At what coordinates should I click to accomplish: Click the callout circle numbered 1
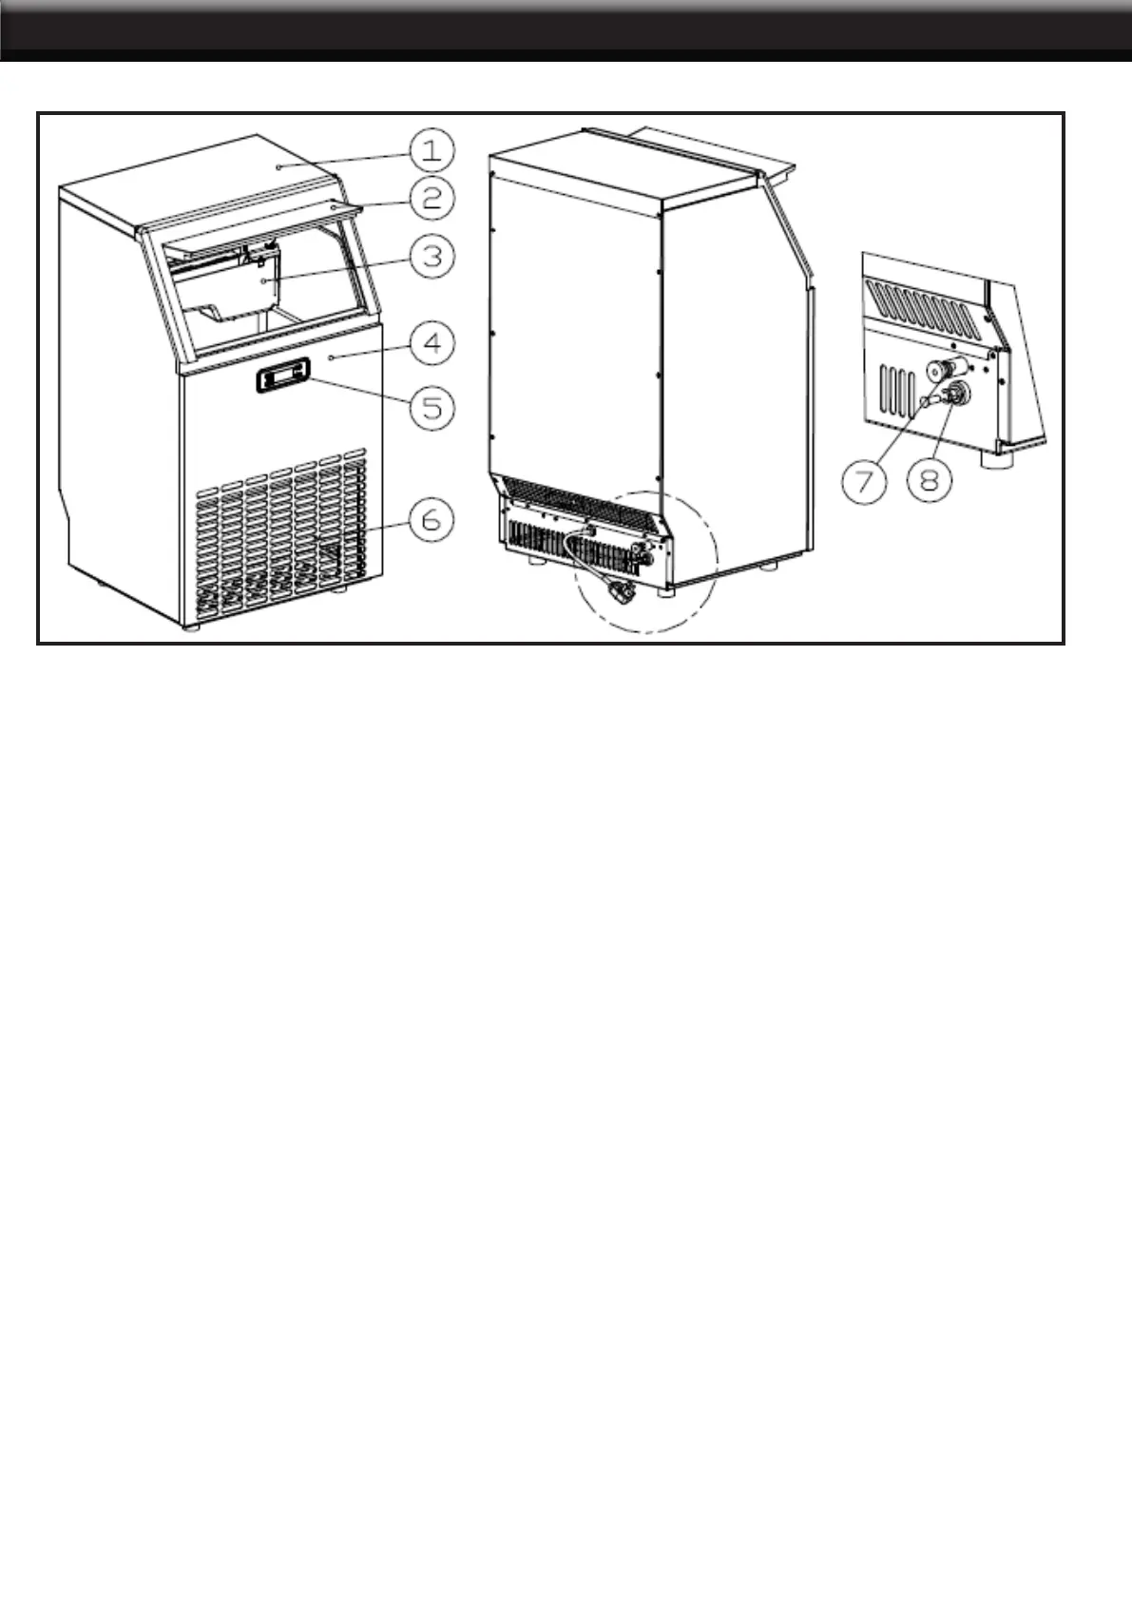click(432, 151)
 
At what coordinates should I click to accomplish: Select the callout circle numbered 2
click(432, 199)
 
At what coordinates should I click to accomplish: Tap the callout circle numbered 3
click(432, 256)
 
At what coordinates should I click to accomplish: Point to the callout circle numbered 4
click(432, 344)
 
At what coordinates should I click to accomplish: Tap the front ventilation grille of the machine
click(280, 537)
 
